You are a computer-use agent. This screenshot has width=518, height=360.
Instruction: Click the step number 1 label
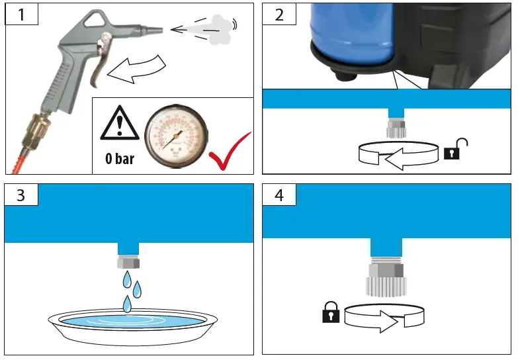pos(22,14)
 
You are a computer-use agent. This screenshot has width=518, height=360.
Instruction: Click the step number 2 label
pos(279,14)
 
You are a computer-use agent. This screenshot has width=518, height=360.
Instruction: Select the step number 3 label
pos(22,195)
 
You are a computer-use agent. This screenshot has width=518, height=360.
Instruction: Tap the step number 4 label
pos(279,195)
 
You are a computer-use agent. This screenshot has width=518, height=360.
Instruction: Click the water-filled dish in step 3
pos(133,324)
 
